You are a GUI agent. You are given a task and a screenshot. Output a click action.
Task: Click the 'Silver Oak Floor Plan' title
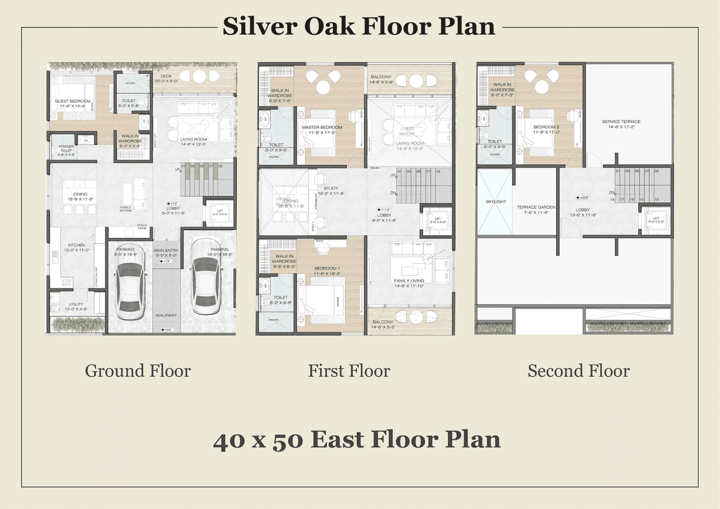[x=359, y=26]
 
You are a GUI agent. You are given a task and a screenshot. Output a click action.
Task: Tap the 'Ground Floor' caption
[x=138, y=371]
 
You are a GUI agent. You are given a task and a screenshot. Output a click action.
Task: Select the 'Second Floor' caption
[x=578, y=371]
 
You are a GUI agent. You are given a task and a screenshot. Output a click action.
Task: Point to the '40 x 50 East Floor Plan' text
[x=357, y=439]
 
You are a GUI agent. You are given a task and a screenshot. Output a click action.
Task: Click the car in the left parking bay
[x=130, y=291]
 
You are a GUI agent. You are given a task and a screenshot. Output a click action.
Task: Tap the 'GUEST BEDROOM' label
[x=73, y=101]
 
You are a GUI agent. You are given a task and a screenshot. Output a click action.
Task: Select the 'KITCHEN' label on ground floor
[x=76, y=245]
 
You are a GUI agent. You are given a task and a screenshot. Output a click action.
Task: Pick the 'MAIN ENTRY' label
[x=166, y=250]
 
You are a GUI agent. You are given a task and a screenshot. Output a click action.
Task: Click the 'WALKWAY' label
[x=166, y=316]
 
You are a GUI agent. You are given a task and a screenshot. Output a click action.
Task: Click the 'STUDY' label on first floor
[x=331, y=188]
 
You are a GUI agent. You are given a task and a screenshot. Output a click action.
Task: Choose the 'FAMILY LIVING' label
[x=409, y=281]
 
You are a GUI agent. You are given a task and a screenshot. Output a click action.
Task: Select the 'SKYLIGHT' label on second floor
[x=496, y=201]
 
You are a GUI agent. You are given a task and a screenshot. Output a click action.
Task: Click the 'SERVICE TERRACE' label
[x=621, y=121]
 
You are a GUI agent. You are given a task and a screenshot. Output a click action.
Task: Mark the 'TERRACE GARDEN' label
[x=536, y=207]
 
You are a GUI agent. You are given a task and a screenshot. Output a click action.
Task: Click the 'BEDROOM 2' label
[x=546, y=127]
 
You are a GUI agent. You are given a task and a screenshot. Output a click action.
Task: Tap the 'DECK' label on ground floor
[x=165, y=76]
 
